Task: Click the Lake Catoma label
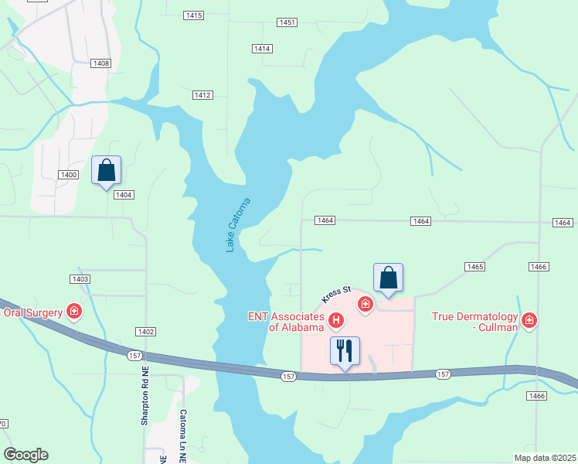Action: (x=239, y=225)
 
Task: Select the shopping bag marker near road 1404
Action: (x=106, y=170)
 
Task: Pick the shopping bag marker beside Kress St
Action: (x=388, y=278)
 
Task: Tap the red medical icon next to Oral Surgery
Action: (x=74, y=312)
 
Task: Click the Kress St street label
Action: (x=336, y=295)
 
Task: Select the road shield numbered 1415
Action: (x=194, y=15)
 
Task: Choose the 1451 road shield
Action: (x=287, y=22)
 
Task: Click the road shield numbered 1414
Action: (x=262, y=49)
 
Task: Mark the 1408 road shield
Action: (x=100, y=63)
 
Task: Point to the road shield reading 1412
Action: (x=202, y=95)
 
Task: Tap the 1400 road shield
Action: (x=69, y=175)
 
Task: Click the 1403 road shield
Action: (x=80, y=278)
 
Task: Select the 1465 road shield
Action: (x=474, y=266)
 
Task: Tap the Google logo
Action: (x=25, y=455)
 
